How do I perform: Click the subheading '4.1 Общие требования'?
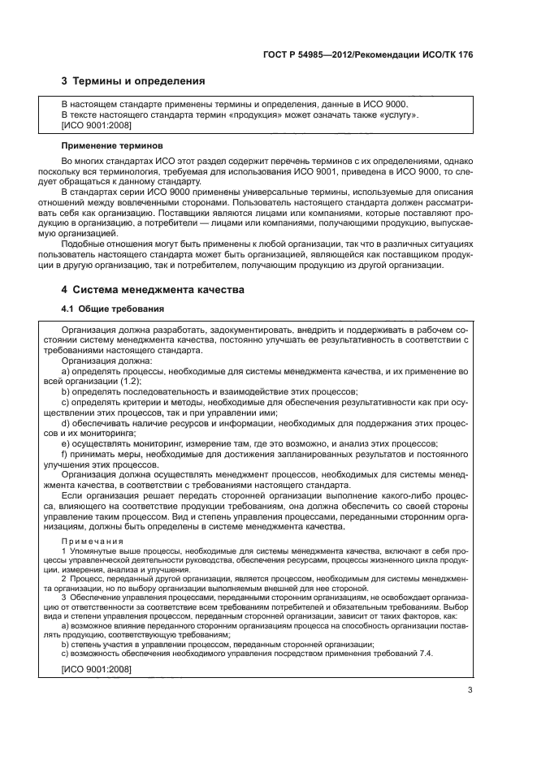113,309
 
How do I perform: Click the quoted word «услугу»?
396,115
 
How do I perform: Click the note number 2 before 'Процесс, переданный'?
64,578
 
